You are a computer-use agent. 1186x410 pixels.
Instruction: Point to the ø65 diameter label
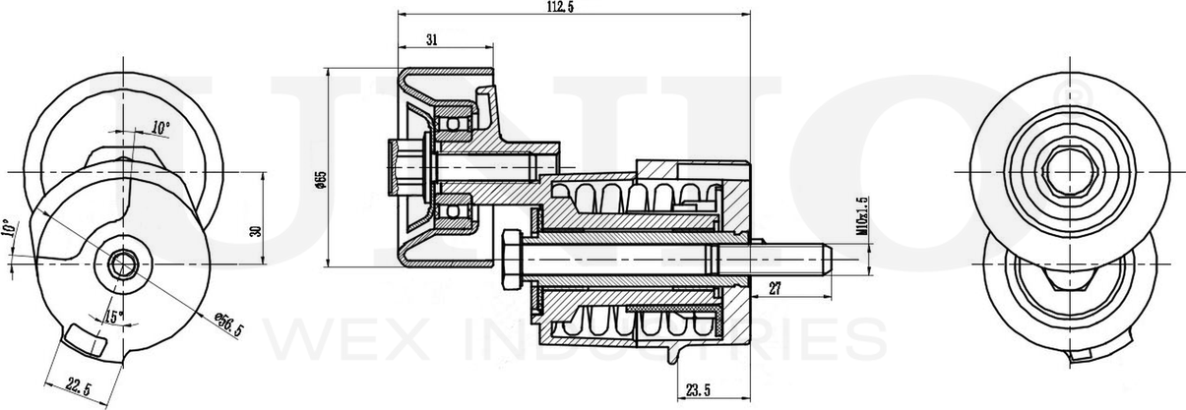coord(321,177)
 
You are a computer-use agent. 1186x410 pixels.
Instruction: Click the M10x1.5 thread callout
coord(862,216)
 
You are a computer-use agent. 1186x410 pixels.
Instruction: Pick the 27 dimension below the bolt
coord(774,289)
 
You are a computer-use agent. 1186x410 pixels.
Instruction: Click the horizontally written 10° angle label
coord(160,128)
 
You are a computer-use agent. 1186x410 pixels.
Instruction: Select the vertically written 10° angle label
coord(8,232)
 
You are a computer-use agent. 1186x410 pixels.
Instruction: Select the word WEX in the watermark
coord(325,339)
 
